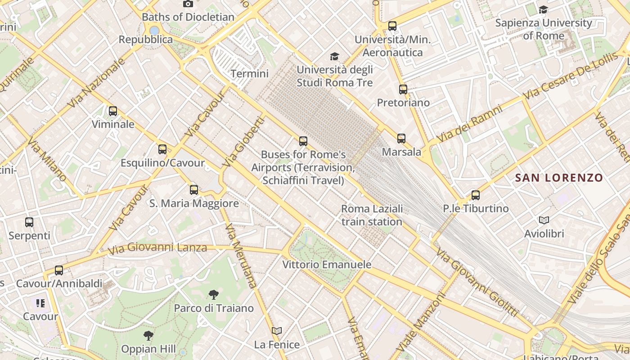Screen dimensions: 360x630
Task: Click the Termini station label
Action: (x=249, y=73)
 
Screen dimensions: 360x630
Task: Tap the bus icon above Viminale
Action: (x=113, y=111)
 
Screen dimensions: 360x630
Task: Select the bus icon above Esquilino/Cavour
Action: (x=162, y=149)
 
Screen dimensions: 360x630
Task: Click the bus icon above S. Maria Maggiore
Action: (x=194, y=190)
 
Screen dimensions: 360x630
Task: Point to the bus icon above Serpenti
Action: (x=29, y=222)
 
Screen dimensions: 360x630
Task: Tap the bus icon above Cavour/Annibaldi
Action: (x=59, y=270)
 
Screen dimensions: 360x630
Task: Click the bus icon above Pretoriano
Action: (x=403, y=90)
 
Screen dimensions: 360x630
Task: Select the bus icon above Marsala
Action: (x=401, y=139)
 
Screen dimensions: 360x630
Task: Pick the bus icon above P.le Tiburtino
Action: (x=476, y=195)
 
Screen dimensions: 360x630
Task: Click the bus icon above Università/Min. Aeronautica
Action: (x=392, y=26)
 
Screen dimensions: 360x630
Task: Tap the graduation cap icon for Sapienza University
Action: (x=544, y=9)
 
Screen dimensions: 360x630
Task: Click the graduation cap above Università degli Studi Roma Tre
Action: (x=334, y=56)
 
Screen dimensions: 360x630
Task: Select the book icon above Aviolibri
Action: (x=544, y=220)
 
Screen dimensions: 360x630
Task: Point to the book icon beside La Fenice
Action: (x=277, y=331)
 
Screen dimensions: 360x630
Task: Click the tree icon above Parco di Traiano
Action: (x=214, y=295)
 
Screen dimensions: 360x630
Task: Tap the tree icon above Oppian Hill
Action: (x=148, y=336)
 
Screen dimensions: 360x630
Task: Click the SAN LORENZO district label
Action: (x=559, y=178)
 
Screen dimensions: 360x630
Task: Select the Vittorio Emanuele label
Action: (x=327, y=265)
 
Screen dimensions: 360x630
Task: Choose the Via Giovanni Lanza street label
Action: (x=157, y=247)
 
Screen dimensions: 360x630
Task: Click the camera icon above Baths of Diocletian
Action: (x=188, y=4)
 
